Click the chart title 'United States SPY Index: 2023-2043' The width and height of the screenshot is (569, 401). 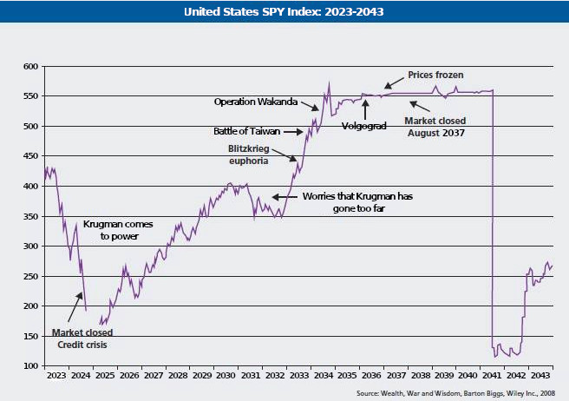coord(284,12)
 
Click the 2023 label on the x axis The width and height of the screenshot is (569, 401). coord(56,376)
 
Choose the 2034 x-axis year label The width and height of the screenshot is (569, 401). coord(323,376)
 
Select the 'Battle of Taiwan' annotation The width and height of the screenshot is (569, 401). coord(250,132)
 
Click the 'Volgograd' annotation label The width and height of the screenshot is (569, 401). coord(364,126)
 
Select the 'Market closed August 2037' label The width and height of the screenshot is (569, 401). coord(435,127)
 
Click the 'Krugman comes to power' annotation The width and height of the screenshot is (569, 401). coord(113,229)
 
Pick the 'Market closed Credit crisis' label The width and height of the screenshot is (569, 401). coord(82,338)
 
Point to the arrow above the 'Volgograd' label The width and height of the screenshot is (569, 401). coord(365,108)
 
